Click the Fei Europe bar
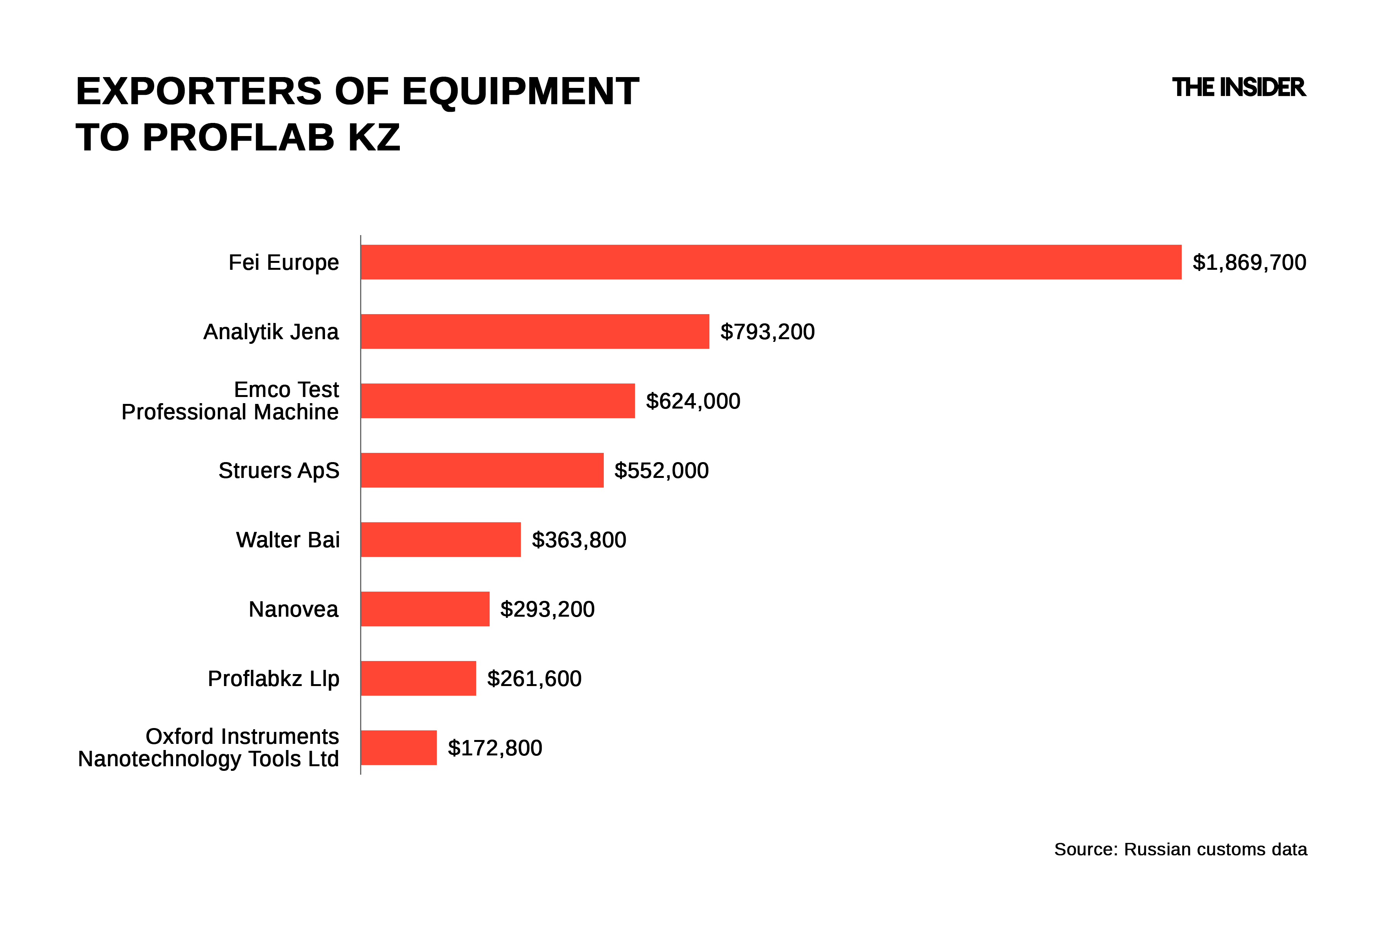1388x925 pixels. (771, 262)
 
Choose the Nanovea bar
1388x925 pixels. (425, 609)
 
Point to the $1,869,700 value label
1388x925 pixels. (1249, 262)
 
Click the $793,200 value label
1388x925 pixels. (767, 332)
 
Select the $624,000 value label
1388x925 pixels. (693, 401)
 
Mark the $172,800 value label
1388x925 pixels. (495, 748)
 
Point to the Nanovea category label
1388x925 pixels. (293, 609)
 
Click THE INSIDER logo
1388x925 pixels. (1238, 87)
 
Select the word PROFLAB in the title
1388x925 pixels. (238, 138)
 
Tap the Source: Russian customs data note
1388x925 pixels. (1180, 849)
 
